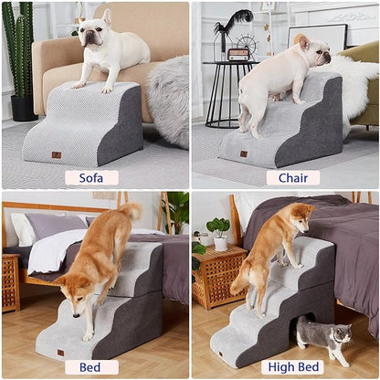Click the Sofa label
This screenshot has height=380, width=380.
click(91, 177)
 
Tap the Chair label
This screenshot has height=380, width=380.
click(292, 177)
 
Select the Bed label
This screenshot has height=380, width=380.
click(91, 367)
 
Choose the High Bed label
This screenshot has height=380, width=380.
click(292, 367)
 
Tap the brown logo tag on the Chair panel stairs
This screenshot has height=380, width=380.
click(244, 153)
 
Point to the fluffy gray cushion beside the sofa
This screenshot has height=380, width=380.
click(168, 100)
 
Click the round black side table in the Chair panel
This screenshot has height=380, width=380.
click(224, 91)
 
